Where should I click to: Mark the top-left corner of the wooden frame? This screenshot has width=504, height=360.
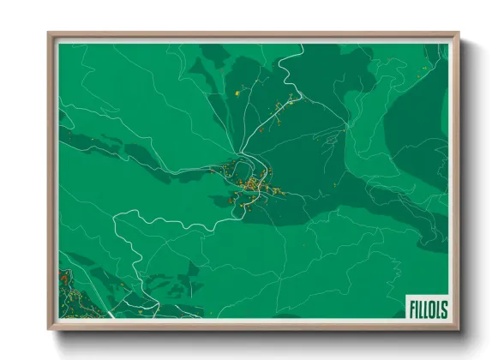48,33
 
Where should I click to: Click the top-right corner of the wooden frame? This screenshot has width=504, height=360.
459,33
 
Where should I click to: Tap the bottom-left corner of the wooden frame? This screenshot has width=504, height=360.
48,329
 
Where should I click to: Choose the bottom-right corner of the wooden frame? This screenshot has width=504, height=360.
459,329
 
